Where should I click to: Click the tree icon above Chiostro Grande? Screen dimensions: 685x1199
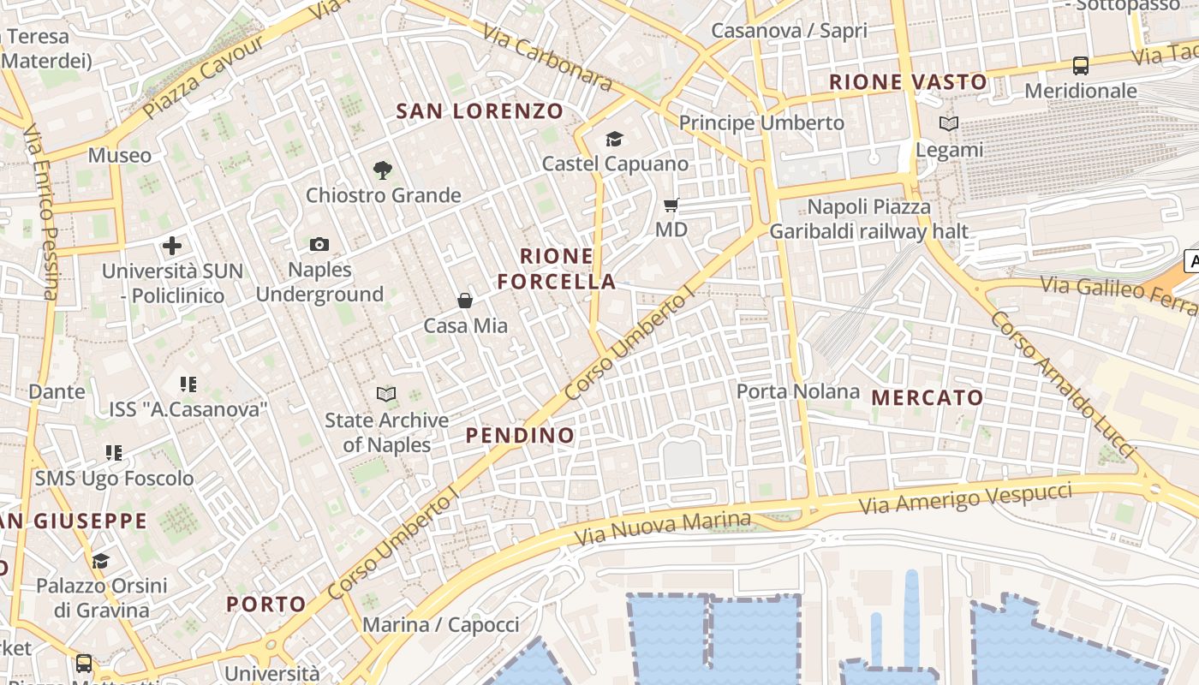[383, 170]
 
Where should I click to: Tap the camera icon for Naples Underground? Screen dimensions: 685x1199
[319, 245]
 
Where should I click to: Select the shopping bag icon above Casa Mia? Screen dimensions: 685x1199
[465, 301]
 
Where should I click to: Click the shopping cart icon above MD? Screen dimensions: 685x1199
[671, 205]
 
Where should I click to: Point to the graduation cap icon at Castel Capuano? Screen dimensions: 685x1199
[614, 139]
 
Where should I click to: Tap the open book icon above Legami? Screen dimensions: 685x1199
[948, 124]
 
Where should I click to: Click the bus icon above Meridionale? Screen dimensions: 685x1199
[1081, 65]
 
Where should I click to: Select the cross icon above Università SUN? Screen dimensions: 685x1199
[172, 246]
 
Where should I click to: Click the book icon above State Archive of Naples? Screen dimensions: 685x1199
[386, 394]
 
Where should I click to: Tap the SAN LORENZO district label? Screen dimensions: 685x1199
[480, 110]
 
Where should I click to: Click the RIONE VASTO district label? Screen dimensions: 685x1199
[908, 82]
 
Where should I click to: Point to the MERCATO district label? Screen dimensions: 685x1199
[928, 397]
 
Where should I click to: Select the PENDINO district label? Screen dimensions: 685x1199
[520, 435]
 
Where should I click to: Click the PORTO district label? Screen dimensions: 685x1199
[266, 604]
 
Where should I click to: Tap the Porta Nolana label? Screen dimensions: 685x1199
[798, 391]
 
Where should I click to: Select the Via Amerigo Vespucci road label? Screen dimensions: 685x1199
[965, 498]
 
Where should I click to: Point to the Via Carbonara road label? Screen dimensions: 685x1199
[547, 57]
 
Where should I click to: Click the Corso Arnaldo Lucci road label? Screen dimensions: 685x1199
[1062, 384]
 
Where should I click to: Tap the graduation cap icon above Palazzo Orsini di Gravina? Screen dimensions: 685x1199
[100, 561]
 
